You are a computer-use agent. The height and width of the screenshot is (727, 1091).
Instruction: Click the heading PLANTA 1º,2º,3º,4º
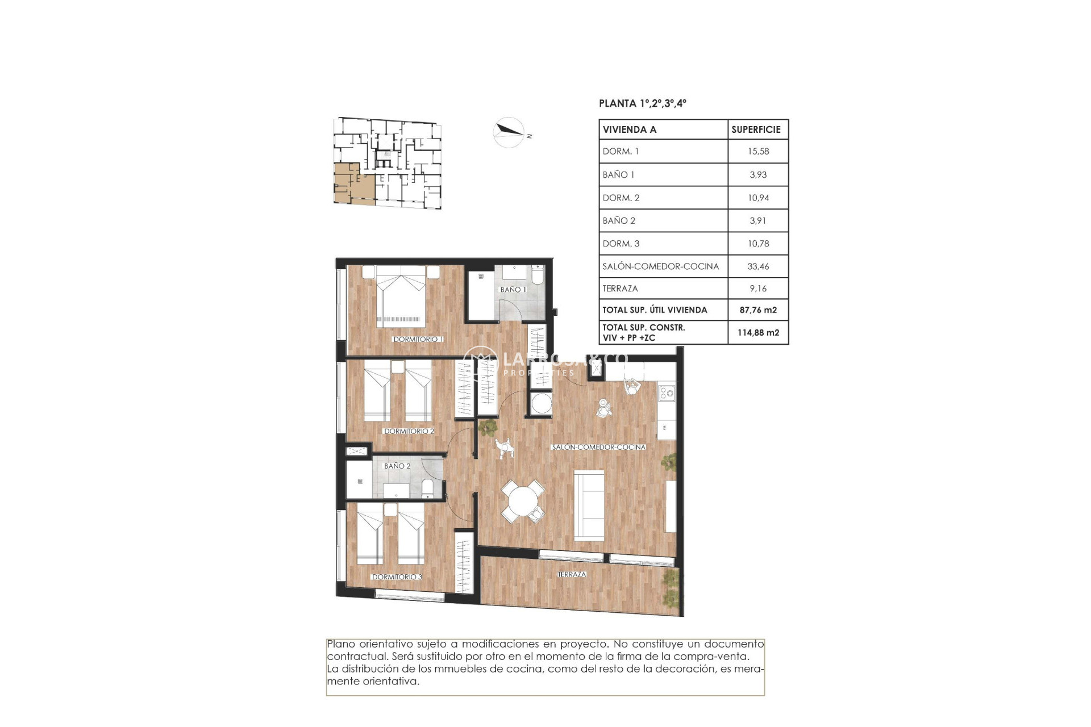(642, 103)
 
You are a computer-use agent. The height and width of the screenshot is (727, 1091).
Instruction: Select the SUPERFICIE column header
(756, 129)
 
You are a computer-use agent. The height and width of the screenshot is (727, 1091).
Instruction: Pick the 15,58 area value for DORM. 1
(758, 152)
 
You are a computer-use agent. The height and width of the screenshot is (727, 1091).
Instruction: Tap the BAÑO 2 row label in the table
(619, 220)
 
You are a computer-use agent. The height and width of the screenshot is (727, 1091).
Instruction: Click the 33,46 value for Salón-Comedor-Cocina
(758, 266)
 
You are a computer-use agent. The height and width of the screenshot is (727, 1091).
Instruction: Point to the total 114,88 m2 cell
(758, 333)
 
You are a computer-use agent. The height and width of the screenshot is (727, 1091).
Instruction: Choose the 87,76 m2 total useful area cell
(758, 310)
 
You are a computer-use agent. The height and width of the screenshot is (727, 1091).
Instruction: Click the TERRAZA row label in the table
(620, 289)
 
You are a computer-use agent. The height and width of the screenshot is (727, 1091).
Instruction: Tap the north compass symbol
(509, 132)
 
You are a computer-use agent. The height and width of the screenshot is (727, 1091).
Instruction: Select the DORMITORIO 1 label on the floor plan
(418, 339)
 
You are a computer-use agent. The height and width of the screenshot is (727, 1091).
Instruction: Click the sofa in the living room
(589, 505)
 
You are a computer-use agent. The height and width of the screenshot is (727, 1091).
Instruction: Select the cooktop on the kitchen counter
(667, 392)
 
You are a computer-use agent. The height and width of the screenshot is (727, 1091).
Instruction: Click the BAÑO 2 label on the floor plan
(397, 466)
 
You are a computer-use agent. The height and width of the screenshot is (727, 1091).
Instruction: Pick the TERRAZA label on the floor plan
(571, 574)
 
